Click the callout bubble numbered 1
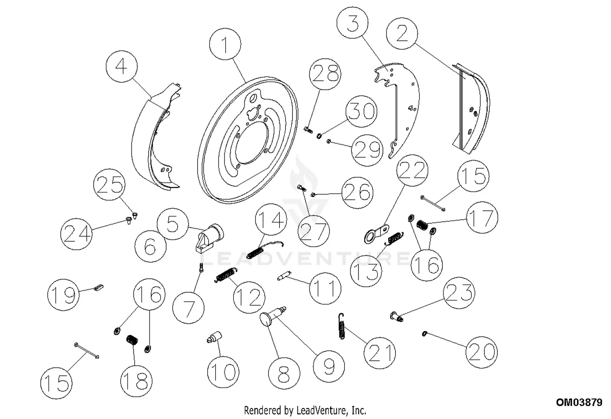pyautogui.click(x=225, y=44)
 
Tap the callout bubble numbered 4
pyautogui.click(x=121, y=67)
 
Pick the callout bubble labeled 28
pyautogui.click(x=325, y=75)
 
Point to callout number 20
pyautogui.click(x=482, y=352)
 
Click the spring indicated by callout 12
pyautogui.click(x=225, y=275)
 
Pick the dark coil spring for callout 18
pyautogui.click(x=132, y=340)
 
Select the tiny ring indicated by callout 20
pyautogui.click(x=424, y=334)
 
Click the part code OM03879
pyautogui.click(x=579, y=403)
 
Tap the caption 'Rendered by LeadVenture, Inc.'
pyautogui.click(x=305, y=410)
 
